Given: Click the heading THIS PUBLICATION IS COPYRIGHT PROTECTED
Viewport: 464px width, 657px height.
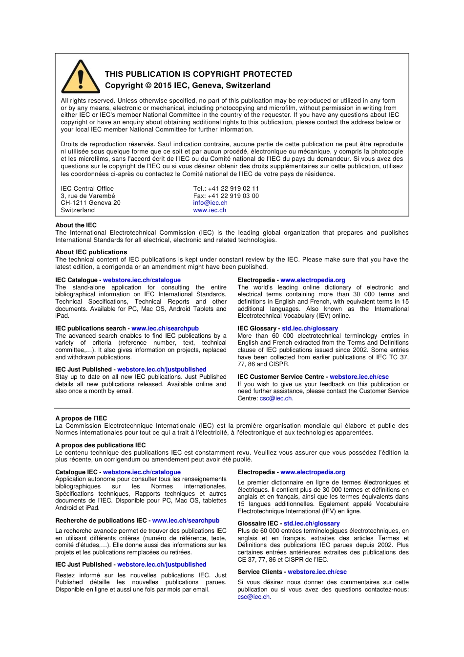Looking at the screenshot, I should (198, 74).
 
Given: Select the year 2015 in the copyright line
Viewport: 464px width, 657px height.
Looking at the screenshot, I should (163, 86).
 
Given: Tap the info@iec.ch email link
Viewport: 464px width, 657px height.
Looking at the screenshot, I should (210, 203).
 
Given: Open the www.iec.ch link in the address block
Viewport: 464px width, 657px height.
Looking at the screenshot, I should (210, 210).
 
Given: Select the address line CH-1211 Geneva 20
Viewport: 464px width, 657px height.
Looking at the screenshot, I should (90, 203).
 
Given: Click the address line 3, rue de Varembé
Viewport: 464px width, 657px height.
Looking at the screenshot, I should (88, 196).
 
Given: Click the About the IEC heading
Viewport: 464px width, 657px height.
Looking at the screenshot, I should (76, 225).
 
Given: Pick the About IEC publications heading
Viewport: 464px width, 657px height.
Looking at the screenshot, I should (91, 252).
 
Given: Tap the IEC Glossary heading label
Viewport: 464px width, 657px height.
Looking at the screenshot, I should (257, 328).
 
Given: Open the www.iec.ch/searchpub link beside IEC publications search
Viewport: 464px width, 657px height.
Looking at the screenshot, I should (165, 328).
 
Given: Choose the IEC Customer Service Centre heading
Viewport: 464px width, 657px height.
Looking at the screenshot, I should (281, 377).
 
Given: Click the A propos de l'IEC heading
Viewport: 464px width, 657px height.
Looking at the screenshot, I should (81, 418).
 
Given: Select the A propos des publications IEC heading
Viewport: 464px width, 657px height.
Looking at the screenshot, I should (100, 445).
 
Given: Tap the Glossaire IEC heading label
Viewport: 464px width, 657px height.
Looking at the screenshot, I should (258, 524).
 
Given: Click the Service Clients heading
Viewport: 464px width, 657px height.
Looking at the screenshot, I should (260, 572).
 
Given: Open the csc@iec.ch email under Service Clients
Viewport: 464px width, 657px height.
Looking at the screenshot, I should (253, 597).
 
